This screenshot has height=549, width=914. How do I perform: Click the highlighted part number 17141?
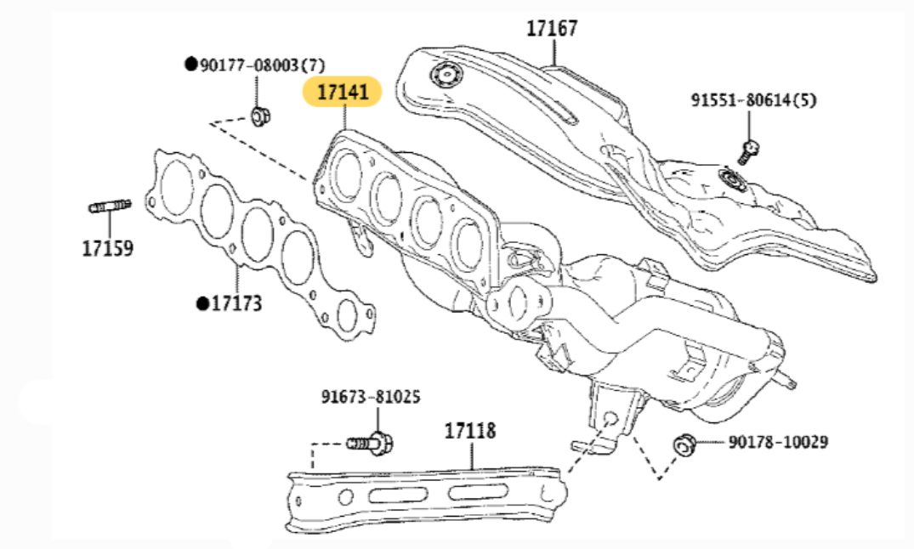(343, 92)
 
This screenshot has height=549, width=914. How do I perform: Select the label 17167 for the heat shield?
(551, 28)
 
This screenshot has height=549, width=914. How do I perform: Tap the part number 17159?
(107, 248)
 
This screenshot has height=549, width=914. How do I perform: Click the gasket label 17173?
(236, 303)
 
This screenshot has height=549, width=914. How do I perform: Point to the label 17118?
(469, 431)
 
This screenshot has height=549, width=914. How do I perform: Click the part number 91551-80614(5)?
(752, 100)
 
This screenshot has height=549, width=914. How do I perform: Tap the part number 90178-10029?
(777, 442)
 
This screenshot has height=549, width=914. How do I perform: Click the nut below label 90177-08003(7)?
(260, 115)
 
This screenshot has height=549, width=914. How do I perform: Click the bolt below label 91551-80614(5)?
(747, 152)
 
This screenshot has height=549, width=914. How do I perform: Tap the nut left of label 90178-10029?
(684, 444)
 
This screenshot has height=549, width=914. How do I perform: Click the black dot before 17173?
(202, 303)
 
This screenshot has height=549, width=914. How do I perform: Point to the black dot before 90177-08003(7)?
(190, 65)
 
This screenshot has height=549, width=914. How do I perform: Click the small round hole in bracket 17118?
(344, 495)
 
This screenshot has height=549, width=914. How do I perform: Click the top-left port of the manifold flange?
(348, 167)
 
